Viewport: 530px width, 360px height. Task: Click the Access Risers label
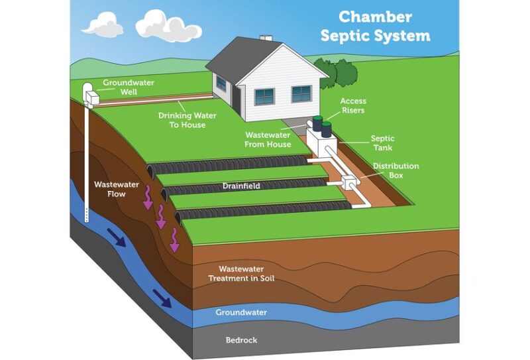point(352,105)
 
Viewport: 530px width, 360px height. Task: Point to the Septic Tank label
point(382,143)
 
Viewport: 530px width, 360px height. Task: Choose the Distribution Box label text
point(396,170)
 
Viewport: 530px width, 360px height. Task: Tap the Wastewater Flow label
point(109,189)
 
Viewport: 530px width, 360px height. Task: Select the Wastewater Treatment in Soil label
point(241,274)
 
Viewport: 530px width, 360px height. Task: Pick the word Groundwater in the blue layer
point(241,312)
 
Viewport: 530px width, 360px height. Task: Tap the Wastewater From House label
point(266,140)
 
